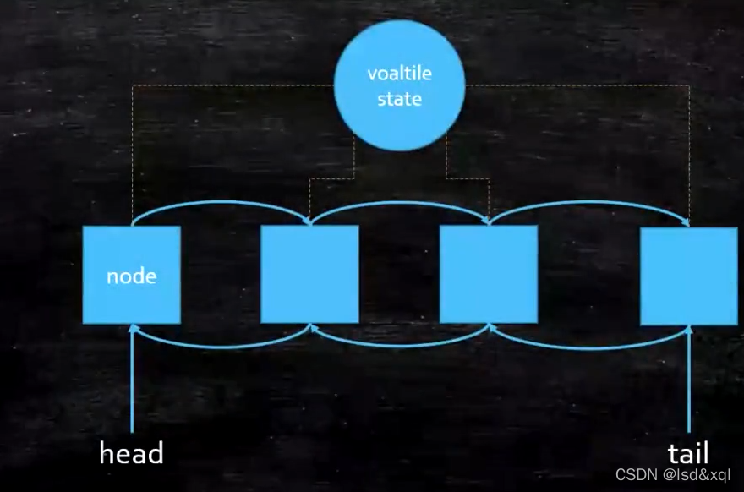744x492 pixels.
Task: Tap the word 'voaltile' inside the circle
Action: (399, 74)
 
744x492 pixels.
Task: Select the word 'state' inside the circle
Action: (399, 99)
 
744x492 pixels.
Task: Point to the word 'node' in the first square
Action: (131, 276)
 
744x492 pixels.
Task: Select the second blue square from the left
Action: (309, 274)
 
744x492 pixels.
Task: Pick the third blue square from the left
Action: (488, 274)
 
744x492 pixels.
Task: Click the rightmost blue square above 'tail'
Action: (688, 276)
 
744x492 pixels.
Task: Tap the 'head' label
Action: (131, 454)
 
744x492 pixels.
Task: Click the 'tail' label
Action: (687, 452)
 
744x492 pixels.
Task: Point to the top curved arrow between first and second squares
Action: (222, 204)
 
